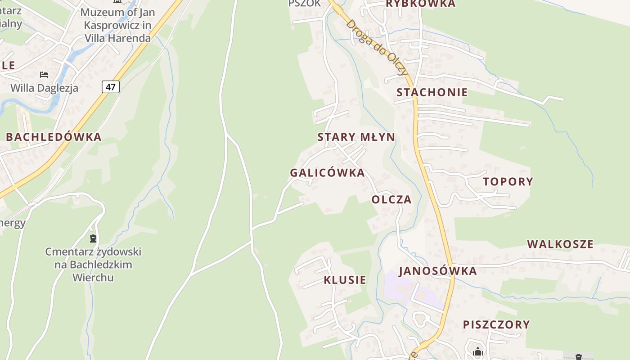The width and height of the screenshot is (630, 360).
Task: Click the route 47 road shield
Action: click(x=111, y=86)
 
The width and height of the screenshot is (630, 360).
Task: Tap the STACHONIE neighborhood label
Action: click(x=432, y=93)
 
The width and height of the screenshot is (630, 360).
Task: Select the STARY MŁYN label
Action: click(x=356, y=137)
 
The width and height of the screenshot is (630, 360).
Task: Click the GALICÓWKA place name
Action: click(x=327, y=173)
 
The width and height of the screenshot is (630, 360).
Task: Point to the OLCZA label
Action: click(x=391, y=200)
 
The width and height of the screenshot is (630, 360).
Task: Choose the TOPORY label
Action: click(x=508, y=182)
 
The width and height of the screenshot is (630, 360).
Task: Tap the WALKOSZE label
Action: click(x=560, y=244)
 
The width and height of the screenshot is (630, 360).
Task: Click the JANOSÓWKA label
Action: click(x=437, y=271)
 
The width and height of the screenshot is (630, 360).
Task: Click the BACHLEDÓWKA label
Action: click(x=54, y=137)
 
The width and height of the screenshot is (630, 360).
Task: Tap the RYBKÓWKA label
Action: click(x=421, y=4)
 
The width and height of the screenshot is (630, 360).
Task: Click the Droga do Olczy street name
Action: click(x=377, y=48)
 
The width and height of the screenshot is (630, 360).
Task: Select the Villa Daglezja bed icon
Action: click(x=44, y=75)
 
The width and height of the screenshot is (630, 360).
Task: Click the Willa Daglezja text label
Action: click(x=44, y=88)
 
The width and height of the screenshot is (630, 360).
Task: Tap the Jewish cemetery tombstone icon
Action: click(x=93, y=238)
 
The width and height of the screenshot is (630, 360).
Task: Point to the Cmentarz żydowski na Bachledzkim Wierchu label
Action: click(x=93, y=265)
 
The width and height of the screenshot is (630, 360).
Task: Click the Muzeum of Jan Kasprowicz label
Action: click(x=117, y=25)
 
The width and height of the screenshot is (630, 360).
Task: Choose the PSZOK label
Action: click(x=305, y=4)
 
